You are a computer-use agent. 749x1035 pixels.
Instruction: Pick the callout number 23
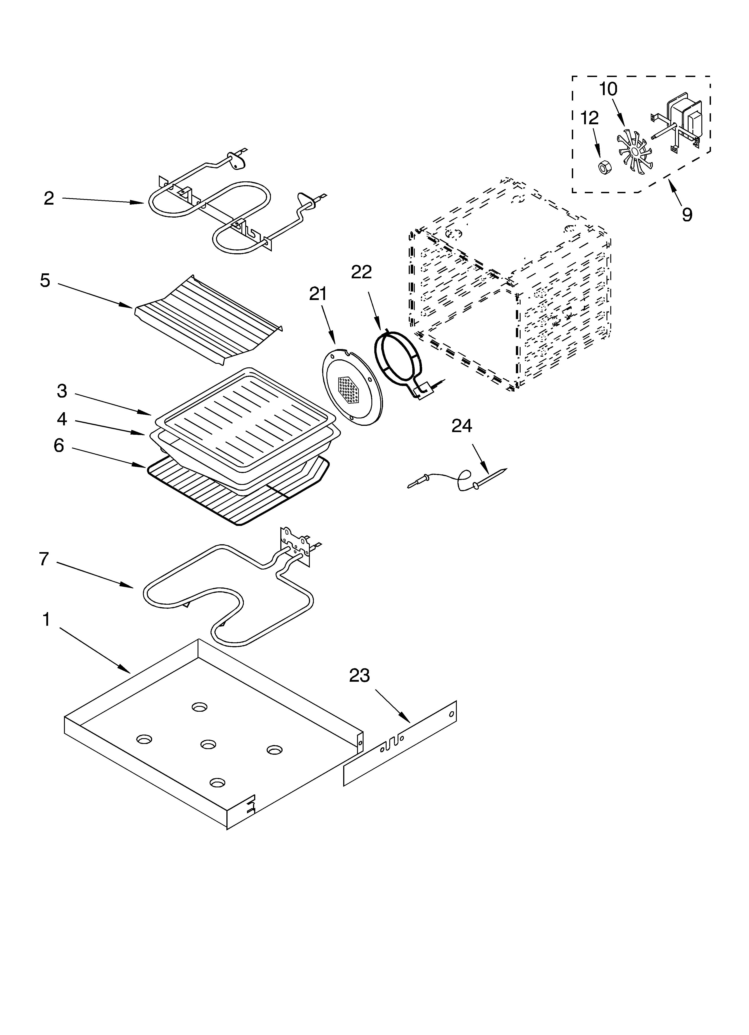[360, 675]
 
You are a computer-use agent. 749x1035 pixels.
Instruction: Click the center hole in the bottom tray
[208, 744]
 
